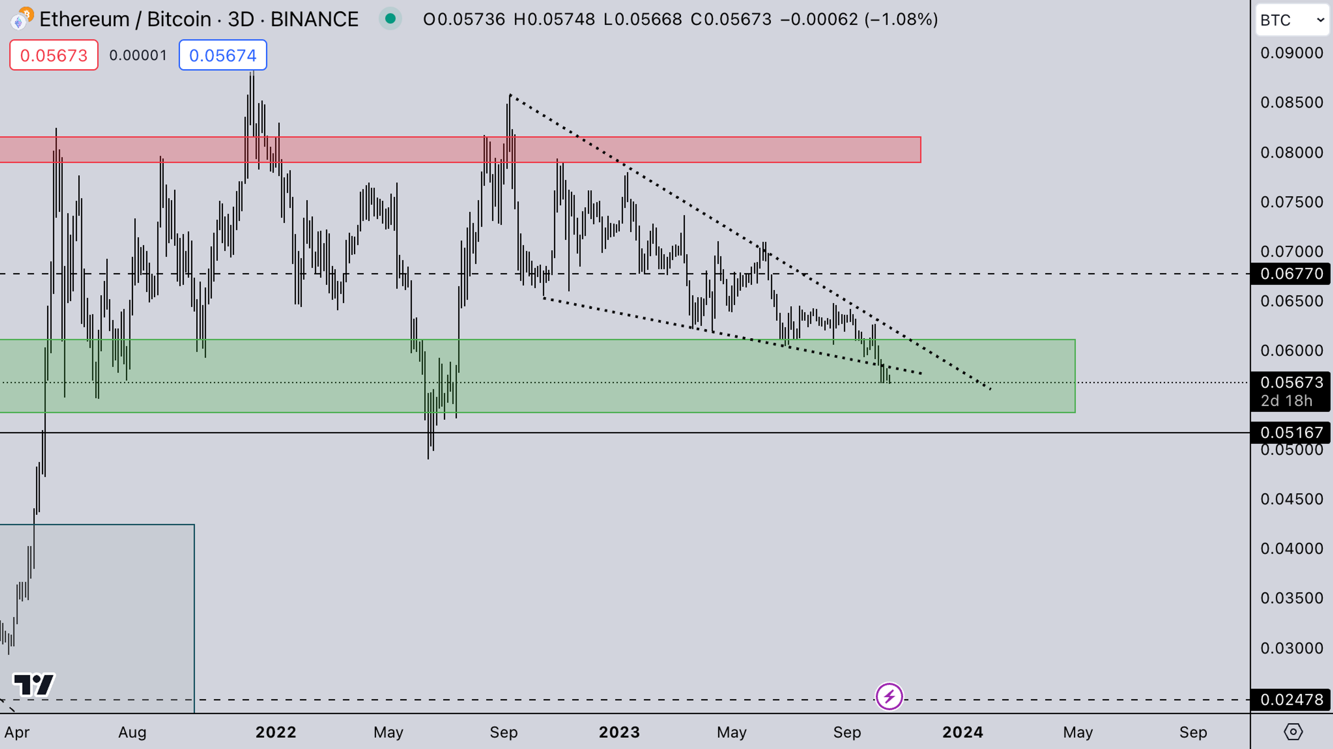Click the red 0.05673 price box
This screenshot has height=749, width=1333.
[x=54, y=55]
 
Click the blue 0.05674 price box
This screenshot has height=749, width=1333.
[x=223, y=55]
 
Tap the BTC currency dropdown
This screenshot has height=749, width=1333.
[x=1292, y=20]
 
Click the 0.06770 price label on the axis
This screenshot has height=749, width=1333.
[x=1291, y=273]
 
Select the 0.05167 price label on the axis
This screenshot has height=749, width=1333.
[x=1291, y=432]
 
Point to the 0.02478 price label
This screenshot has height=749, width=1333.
[x=1291, y=700]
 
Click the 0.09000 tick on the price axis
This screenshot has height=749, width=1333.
[x=1291, y=53]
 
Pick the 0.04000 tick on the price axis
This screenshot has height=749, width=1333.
[x=1291, y=548]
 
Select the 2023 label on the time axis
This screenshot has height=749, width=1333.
[x=619, y=732]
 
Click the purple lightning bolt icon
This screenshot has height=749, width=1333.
[x=889, y=697]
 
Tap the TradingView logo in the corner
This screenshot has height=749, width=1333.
[x=34, y=685]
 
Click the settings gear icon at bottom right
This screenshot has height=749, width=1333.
[x=1293, y=732]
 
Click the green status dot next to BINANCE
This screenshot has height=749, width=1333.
[x=391, y=19]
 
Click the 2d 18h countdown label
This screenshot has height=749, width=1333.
[x=1286, y=401]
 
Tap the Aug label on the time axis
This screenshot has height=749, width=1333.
[x=133, y=732]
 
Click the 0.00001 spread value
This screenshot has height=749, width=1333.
[x=138, y=55]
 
